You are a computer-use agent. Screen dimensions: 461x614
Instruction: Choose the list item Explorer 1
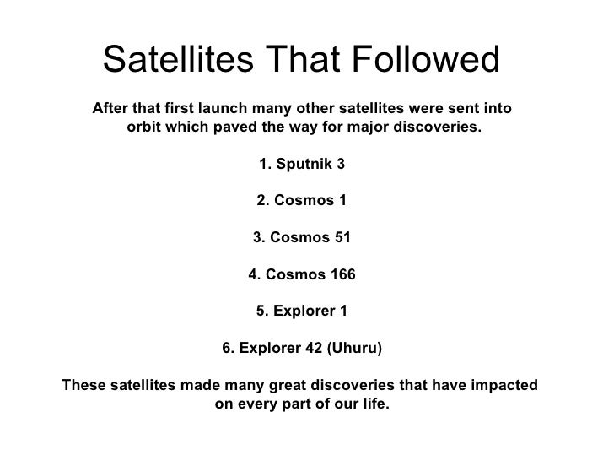click(301, 312)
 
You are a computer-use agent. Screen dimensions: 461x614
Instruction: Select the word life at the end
click(376, 404)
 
